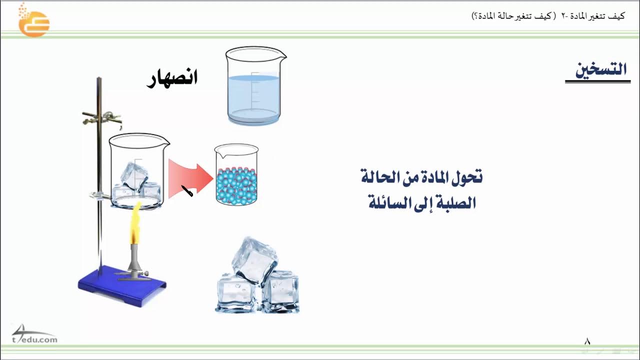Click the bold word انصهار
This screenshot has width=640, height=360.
(x=172, y=78)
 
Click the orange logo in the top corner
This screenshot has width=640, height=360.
(x=33, y=21)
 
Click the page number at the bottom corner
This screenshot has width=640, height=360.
(x=587, y=342)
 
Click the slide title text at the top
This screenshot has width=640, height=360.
(x=548, y=15)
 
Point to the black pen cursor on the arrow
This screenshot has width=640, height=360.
(x=187, y=191)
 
